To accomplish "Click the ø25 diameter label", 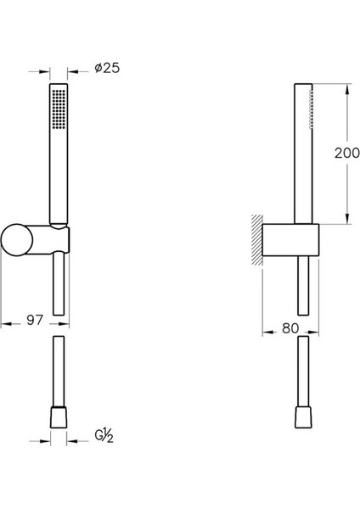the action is [107, 68].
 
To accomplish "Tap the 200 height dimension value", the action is [347, 153].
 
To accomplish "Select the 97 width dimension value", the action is [35, 320].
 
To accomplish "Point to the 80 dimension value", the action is [290, 328].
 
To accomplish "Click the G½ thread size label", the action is [104, 436].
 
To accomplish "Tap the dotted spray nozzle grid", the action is [59, 109].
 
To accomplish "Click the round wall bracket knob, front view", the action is [17, 240].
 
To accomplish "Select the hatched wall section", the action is [257, 240].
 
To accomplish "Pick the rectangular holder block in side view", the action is [290, 240].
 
